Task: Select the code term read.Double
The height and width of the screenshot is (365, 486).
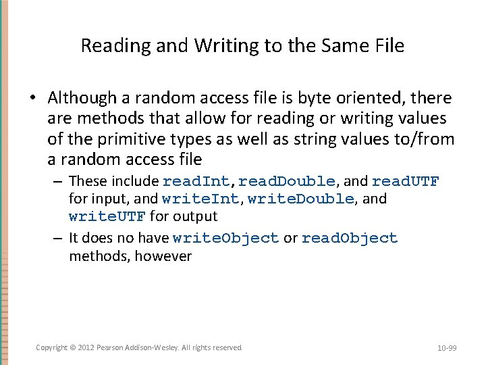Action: (287, 181)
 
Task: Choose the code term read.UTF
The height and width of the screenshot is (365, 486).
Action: (406, 181)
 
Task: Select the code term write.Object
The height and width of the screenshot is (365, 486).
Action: (225, 238)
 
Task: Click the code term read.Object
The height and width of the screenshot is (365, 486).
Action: (350, 238)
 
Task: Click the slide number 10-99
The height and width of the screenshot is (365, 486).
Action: (447, 348)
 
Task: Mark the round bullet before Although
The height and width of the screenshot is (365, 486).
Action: (32, 99)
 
